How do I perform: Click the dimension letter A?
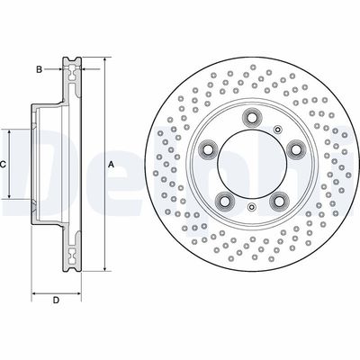coord(111,165)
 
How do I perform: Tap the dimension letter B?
coord(39,68)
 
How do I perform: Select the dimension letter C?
coord(4,165)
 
